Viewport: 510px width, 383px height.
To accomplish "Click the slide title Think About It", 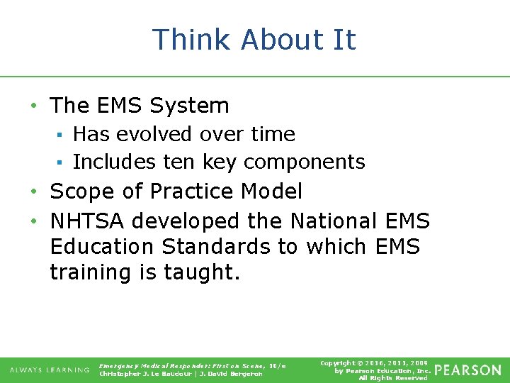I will click(x=254, y=40).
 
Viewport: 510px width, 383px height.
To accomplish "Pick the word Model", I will click(x=271, y=191).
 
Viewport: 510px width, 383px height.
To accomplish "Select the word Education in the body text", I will click(x=101, y=247).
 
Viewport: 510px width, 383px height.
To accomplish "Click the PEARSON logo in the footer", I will click(x=467, y=370).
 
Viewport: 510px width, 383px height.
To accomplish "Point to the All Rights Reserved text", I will click(x=393, y=378).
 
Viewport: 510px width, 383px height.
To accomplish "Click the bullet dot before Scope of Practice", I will click(x=35, y=192).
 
